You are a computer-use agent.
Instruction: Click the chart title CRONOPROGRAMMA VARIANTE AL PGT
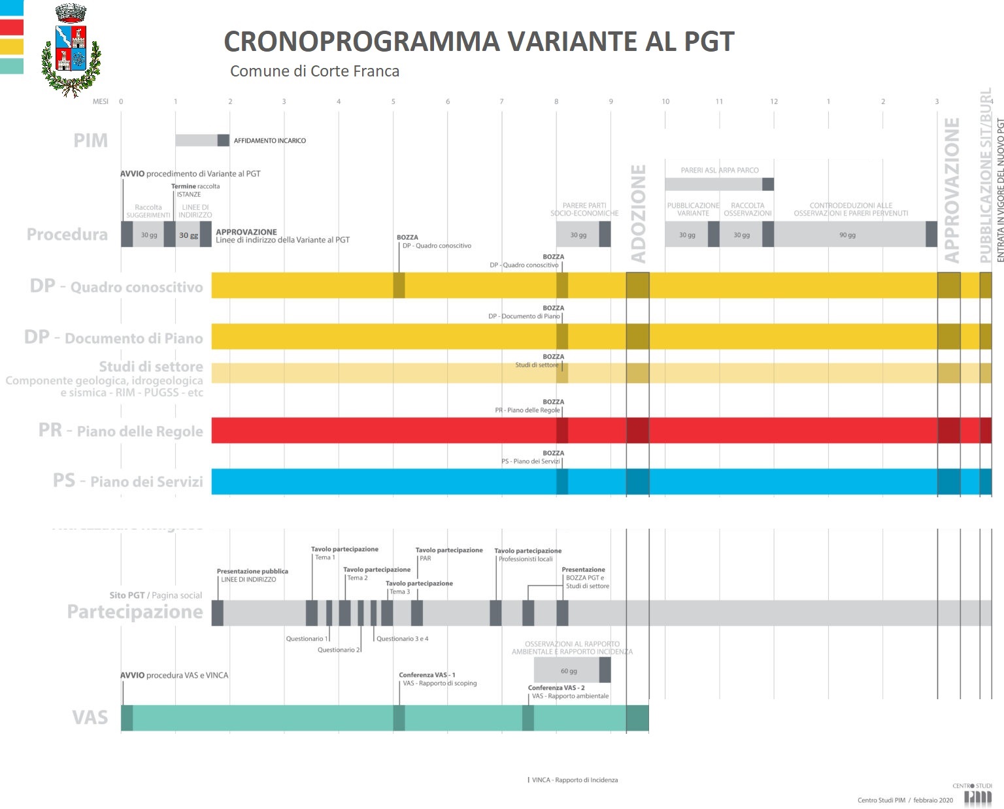[x=478, y=42]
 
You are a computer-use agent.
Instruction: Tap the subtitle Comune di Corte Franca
[x=314, y=71]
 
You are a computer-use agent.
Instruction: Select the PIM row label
[x=90, y=140]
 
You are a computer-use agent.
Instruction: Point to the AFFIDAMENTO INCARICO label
[x=269, y=140]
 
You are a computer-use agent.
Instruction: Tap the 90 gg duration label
[x=847, y=235]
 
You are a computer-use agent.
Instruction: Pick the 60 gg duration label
[x=569, y=671]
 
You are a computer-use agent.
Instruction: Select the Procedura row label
[x=67, y=235]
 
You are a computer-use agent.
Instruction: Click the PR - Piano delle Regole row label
[x=121, y=431]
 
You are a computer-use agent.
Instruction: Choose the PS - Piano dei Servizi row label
[x=128, y=482]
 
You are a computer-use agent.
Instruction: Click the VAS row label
[x=90, y=718]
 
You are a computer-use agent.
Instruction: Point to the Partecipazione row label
[x=135, y=612]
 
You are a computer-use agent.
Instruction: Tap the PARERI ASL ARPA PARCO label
[x=720, y=170]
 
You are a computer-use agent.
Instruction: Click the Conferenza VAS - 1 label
[x=427, y=675]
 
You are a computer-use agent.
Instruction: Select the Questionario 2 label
[x=339, y=650]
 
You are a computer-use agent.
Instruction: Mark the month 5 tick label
[x=393, y=101]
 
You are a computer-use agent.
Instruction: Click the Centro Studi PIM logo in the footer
[x=978, y=795]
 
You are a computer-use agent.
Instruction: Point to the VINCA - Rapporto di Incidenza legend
[x=574, y=780]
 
